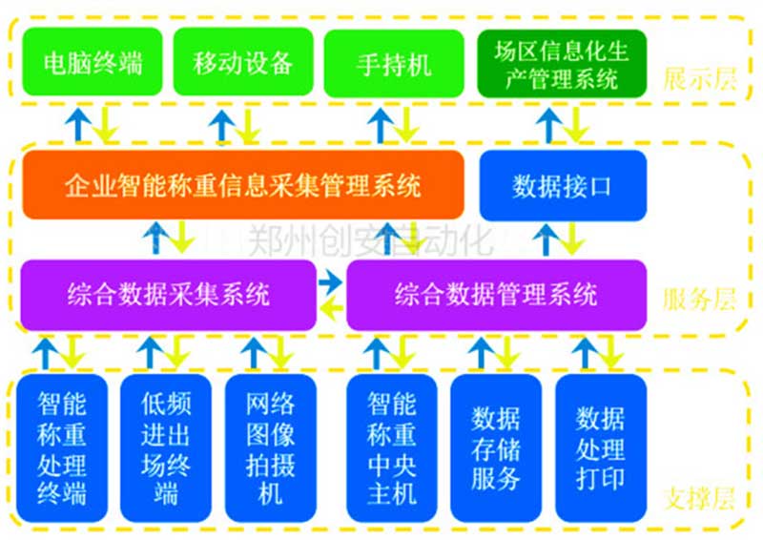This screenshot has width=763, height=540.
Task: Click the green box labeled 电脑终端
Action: point(93,63)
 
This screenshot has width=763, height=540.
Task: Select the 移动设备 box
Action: point(242,63)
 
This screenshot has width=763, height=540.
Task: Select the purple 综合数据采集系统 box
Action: point(168,294)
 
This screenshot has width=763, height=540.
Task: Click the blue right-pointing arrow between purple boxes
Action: point(331,281)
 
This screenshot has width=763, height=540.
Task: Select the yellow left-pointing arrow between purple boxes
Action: point(331,308)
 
